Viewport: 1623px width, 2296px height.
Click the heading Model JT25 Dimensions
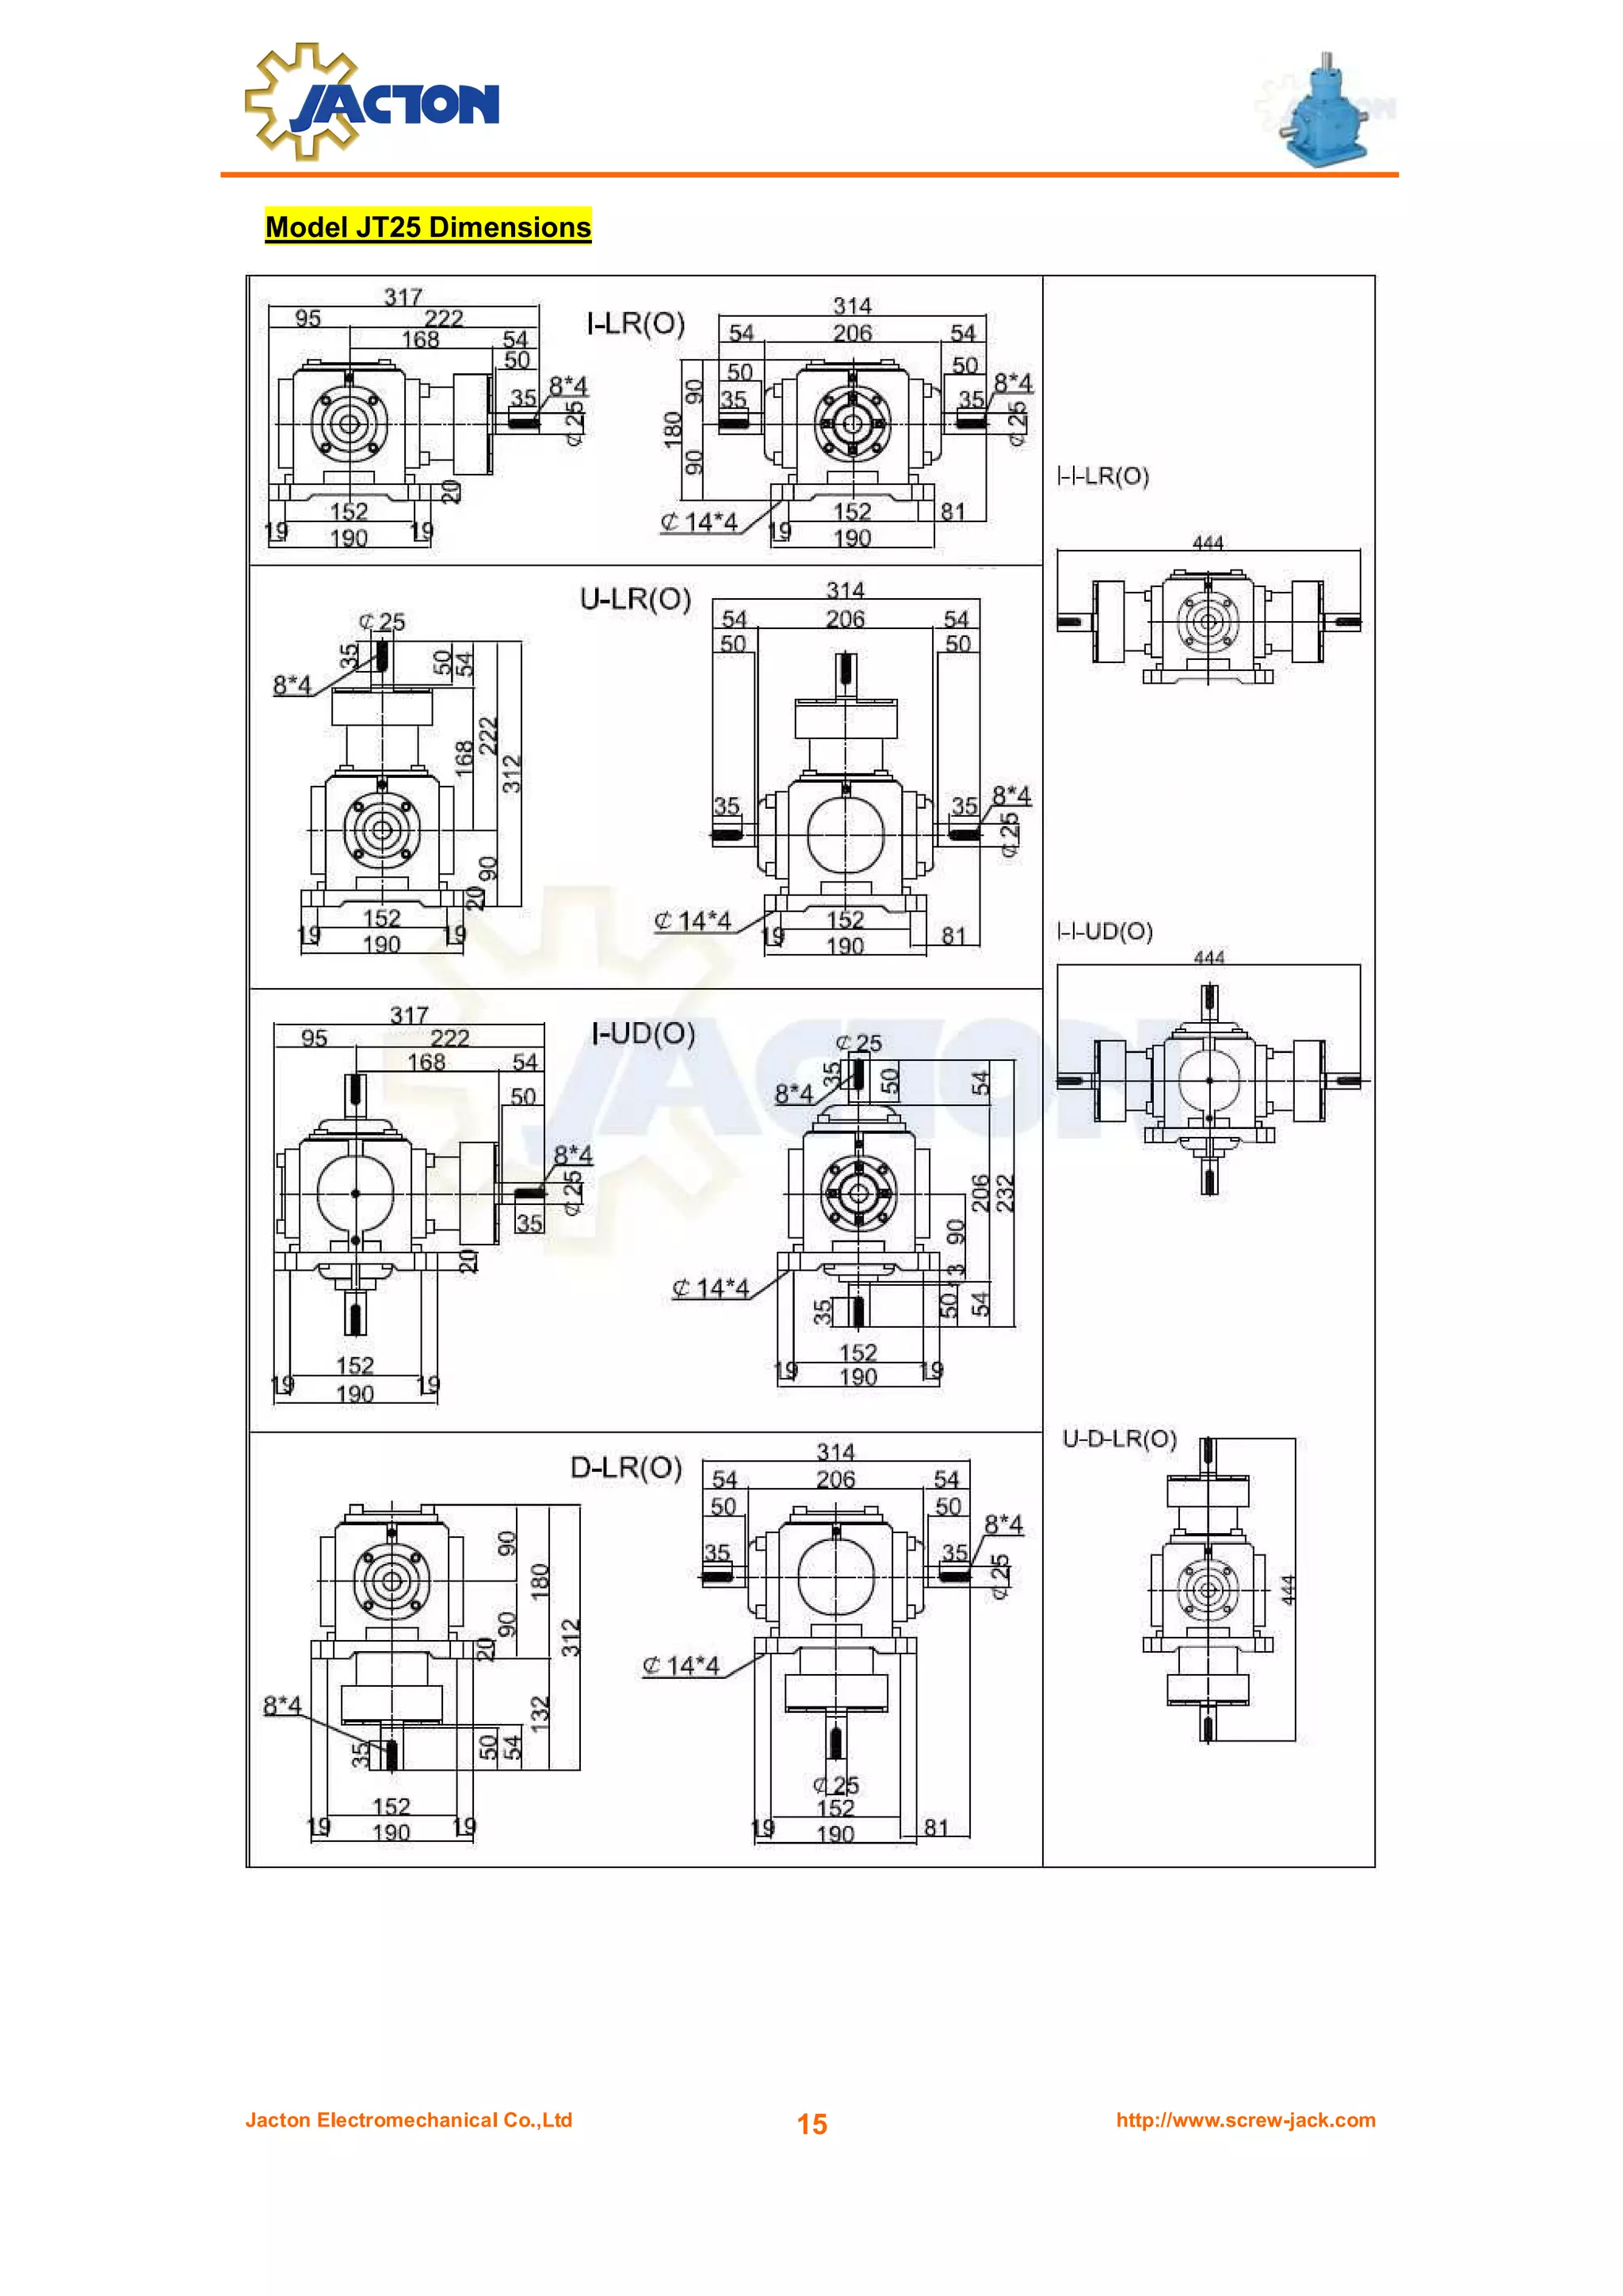(428, 227)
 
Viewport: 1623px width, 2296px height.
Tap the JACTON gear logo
(371, 103)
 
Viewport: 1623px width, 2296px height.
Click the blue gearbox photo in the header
(1325, 111)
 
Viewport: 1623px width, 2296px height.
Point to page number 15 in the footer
(811, 2124)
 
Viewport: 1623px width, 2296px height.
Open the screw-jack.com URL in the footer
(1245, 2120)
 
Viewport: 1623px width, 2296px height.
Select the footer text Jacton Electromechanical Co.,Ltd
(409, 2120)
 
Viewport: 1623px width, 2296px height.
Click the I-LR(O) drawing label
(635, 324)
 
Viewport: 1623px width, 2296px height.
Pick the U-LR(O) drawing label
(635, 599)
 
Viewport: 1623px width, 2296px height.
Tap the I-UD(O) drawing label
(643, 1033)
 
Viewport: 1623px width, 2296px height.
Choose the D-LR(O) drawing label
(626, 1467)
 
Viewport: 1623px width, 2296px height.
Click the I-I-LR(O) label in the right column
(1103, 476)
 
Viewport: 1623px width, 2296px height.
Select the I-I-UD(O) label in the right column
(1105, 931)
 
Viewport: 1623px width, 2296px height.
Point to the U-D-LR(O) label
(1119, 1438)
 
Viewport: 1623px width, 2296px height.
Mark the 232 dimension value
(1005, 1193)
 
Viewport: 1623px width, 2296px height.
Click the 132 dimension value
(540, 1713)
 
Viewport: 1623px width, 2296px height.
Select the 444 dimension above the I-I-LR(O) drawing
(1208, 542)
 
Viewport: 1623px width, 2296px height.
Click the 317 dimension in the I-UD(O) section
(409, 1015)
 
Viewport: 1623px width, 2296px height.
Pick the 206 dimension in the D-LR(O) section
(835, 1479)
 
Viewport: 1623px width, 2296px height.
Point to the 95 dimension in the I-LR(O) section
(308, 318)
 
